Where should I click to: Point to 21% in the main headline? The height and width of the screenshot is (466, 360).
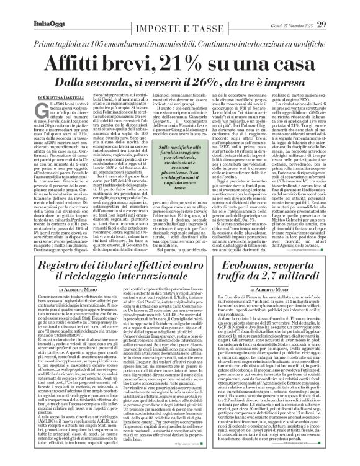click(185, 63)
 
